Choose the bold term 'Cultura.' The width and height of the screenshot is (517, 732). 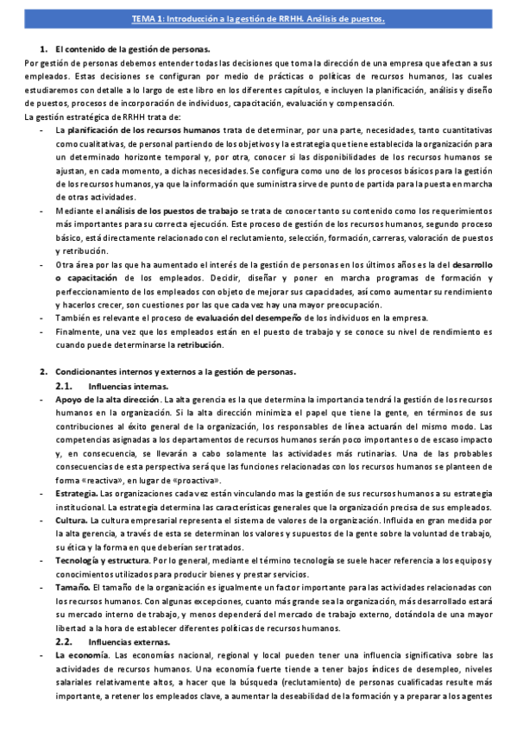(72, 521)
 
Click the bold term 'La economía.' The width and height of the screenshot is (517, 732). (82, 656)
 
